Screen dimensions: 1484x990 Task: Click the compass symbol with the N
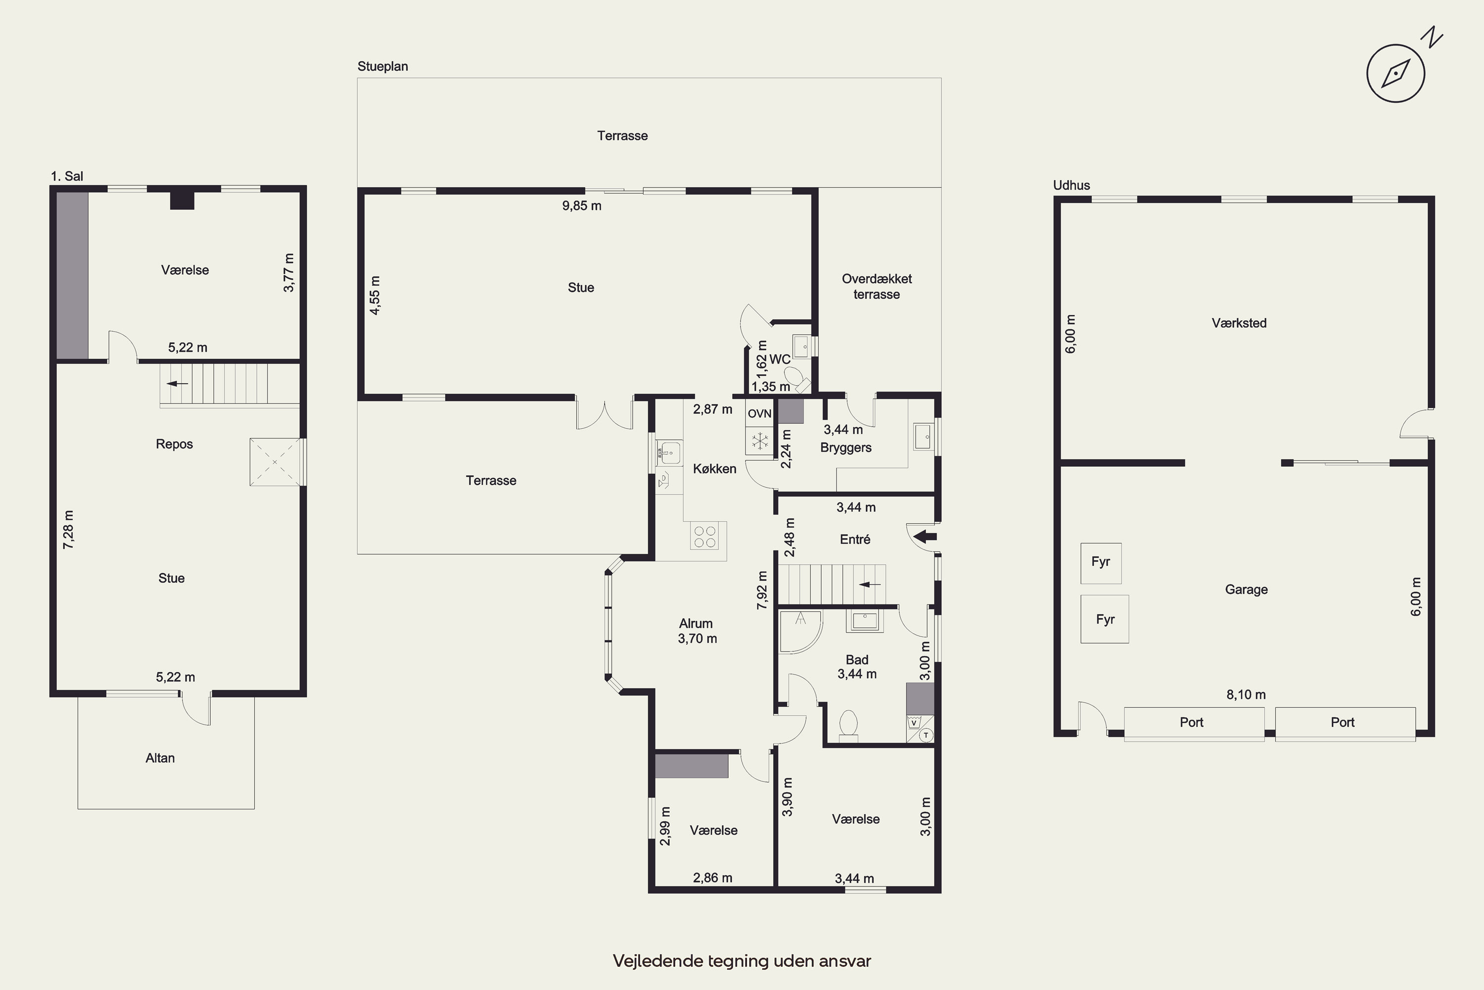[x=1395, y=73]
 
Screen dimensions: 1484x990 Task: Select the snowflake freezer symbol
[x=760, y=440]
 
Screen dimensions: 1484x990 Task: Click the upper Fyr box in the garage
[x=1101, y=562]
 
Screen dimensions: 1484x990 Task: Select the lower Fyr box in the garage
[x=1105, y=619]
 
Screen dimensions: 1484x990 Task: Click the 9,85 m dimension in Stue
[x=582, y=206]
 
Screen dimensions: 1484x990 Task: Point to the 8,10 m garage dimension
[x=1246, y=694]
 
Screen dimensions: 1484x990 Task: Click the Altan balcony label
[x=160, y=758]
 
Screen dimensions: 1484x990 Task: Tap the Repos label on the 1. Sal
[x=174, y=444]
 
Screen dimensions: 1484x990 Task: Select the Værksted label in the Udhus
[x=1239, y=323]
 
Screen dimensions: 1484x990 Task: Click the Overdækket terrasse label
[x=877, y=286]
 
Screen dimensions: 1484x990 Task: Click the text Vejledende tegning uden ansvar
[x=742, y=961]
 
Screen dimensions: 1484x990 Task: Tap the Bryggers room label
[x=845, y=447]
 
